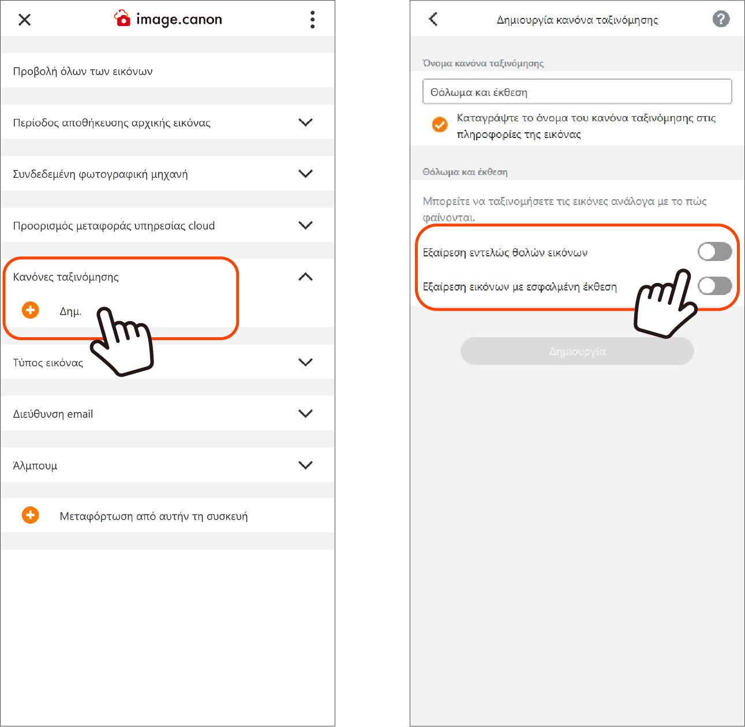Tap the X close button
click(24, 20)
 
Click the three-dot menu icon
click(312, 20)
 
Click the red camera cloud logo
click(122, 18)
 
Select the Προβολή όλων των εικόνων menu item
click(83, 71)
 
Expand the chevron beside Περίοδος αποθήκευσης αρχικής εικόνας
click(305, 122)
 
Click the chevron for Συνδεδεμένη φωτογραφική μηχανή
click(305, 173)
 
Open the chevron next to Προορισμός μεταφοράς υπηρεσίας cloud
click(305, 225)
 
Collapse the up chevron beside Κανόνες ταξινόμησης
click(305, 277)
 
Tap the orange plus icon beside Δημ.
click(30, 310)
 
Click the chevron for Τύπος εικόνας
click(305, 362)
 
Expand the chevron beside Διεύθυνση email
click(305, 413)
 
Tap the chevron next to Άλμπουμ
click(305, 465)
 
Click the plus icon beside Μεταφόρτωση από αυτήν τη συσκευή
click(30, 515)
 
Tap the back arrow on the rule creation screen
click(433, 19)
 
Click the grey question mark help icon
click(721, 19)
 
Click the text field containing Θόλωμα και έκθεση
click(577, 92)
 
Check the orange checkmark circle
click(440, 125)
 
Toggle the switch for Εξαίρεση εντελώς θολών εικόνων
click(714, 252)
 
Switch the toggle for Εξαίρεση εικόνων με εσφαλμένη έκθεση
click(714, 286)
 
